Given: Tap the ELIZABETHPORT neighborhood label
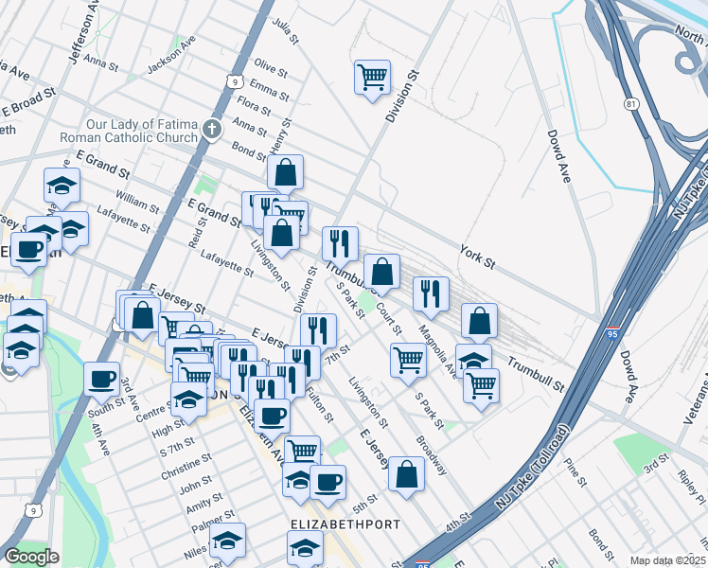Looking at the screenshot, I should click(344, 524).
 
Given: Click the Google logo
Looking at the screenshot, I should click(31, 557).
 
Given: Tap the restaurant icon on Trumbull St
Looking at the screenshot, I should click(340, 243).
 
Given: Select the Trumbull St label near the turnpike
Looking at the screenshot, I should click(535, 375).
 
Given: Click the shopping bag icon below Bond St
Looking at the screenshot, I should click(285, 172).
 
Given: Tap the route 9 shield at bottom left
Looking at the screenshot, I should click(33, 510).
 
